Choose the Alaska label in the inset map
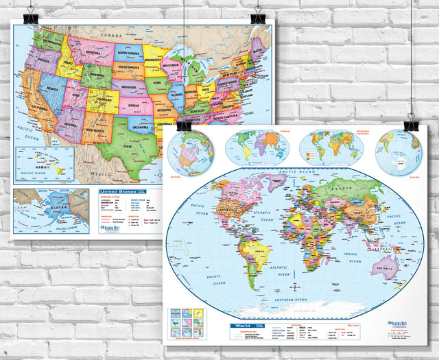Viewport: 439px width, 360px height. [50, 206]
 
